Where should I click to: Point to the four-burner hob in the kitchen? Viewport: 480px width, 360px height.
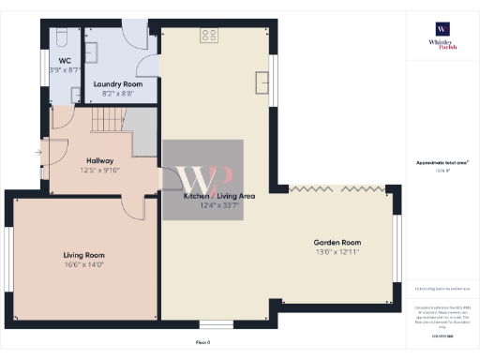(x=209, y=36)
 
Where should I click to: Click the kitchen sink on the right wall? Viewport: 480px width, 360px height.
(x=261, y=82)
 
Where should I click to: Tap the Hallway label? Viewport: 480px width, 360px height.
(x=99, y=160)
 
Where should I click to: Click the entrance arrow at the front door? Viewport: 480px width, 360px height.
(x=38, y=152)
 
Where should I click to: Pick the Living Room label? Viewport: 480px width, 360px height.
(x=83, y=255)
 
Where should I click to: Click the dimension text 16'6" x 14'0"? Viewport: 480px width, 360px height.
(x=83, y=265)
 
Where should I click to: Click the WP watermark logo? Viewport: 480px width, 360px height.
(x=203, y=179)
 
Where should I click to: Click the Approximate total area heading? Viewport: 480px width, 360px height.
(x=442, y=162)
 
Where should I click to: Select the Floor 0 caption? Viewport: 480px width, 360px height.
(x=202, y=343)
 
